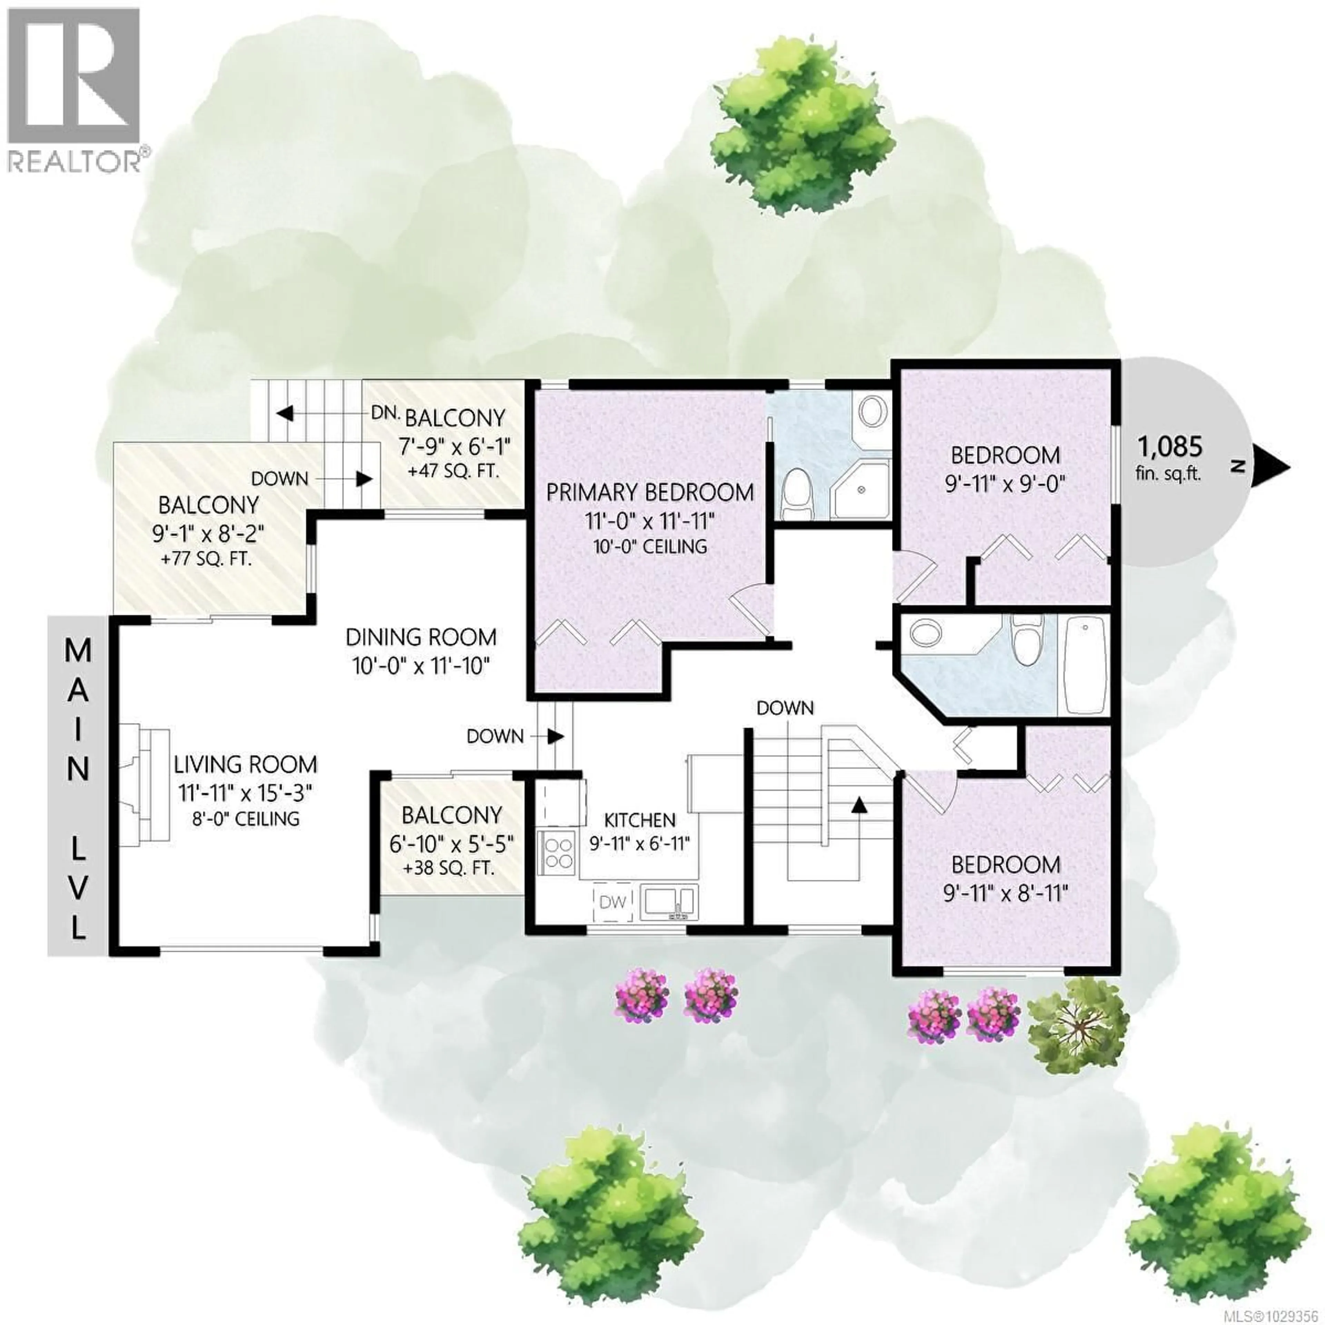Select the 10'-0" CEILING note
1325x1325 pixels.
(649, 547)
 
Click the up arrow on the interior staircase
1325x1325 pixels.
(856, 804)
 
